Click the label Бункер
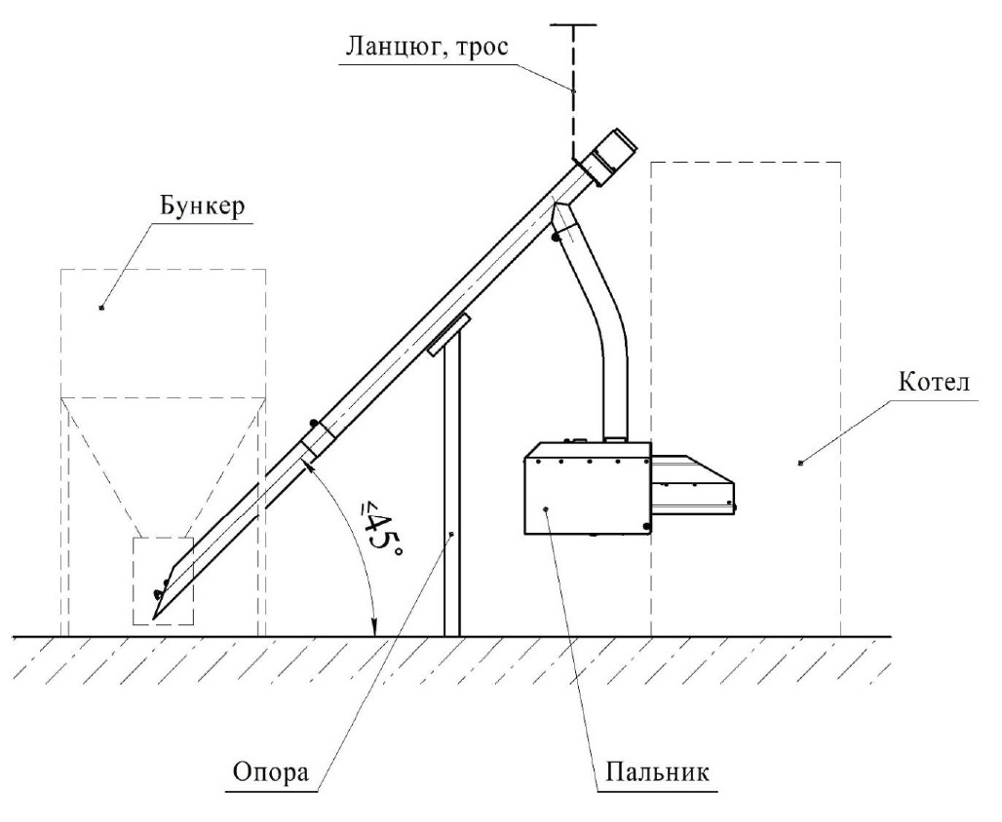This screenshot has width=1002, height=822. (x=196, y=208)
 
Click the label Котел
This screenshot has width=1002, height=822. (x=932, y=383)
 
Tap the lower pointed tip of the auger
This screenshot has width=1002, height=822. (x=157, y=616)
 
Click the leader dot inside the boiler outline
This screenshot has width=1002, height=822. (x=800, y=463)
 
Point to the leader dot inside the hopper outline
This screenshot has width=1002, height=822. (x=102, y=308)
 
